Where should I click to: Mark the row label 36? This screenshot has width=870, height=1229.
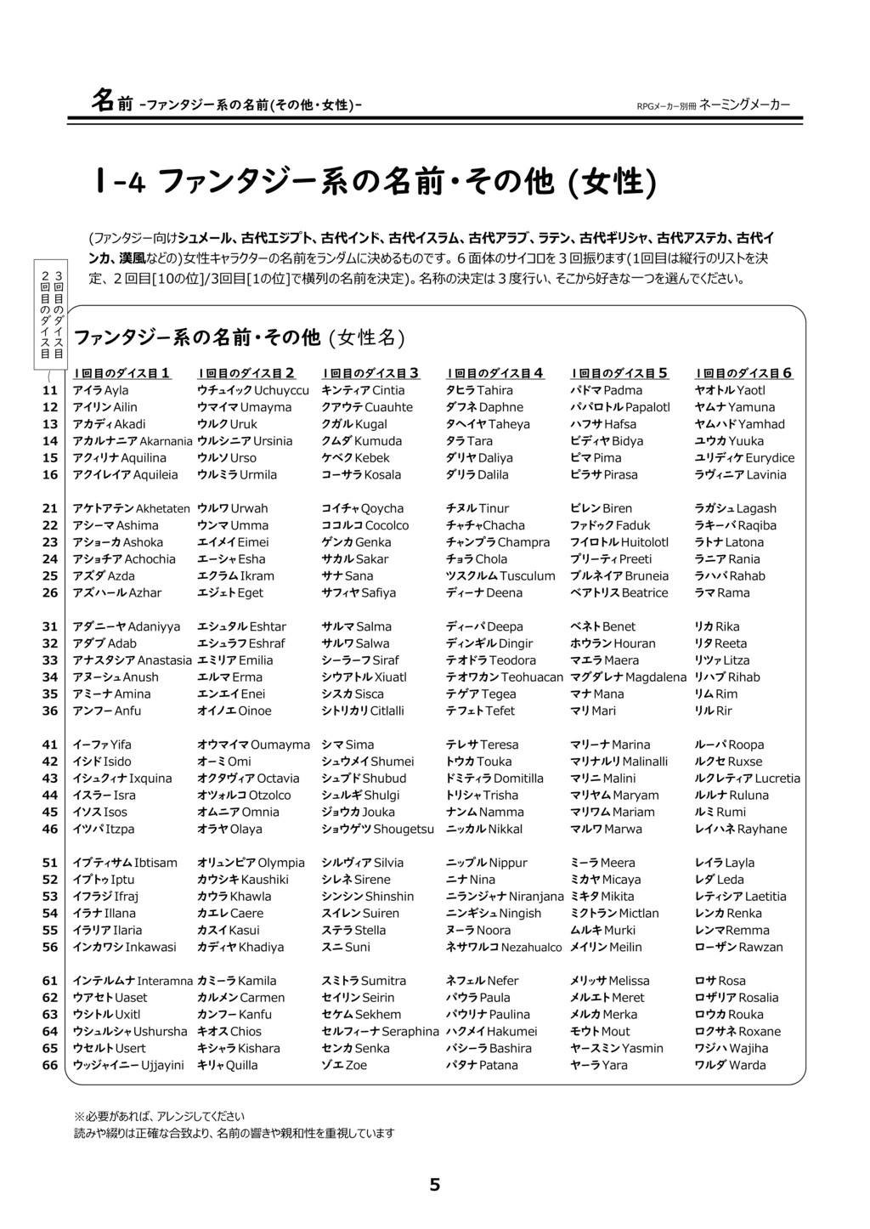pos(50,711)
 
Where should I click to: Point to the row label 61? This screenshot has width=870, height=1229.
pos(50,981)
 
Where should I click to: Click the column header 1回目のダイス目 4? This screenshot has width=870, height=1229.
pos(495,372)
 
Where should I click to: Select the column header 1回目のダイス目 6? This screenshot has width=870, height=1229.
pos(744,372)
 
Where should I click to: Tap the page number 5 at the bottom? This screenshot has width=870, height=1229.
pos(435,1185)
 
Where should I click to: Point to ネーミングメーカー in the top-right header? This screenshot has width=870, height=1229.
pos(744,105)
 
